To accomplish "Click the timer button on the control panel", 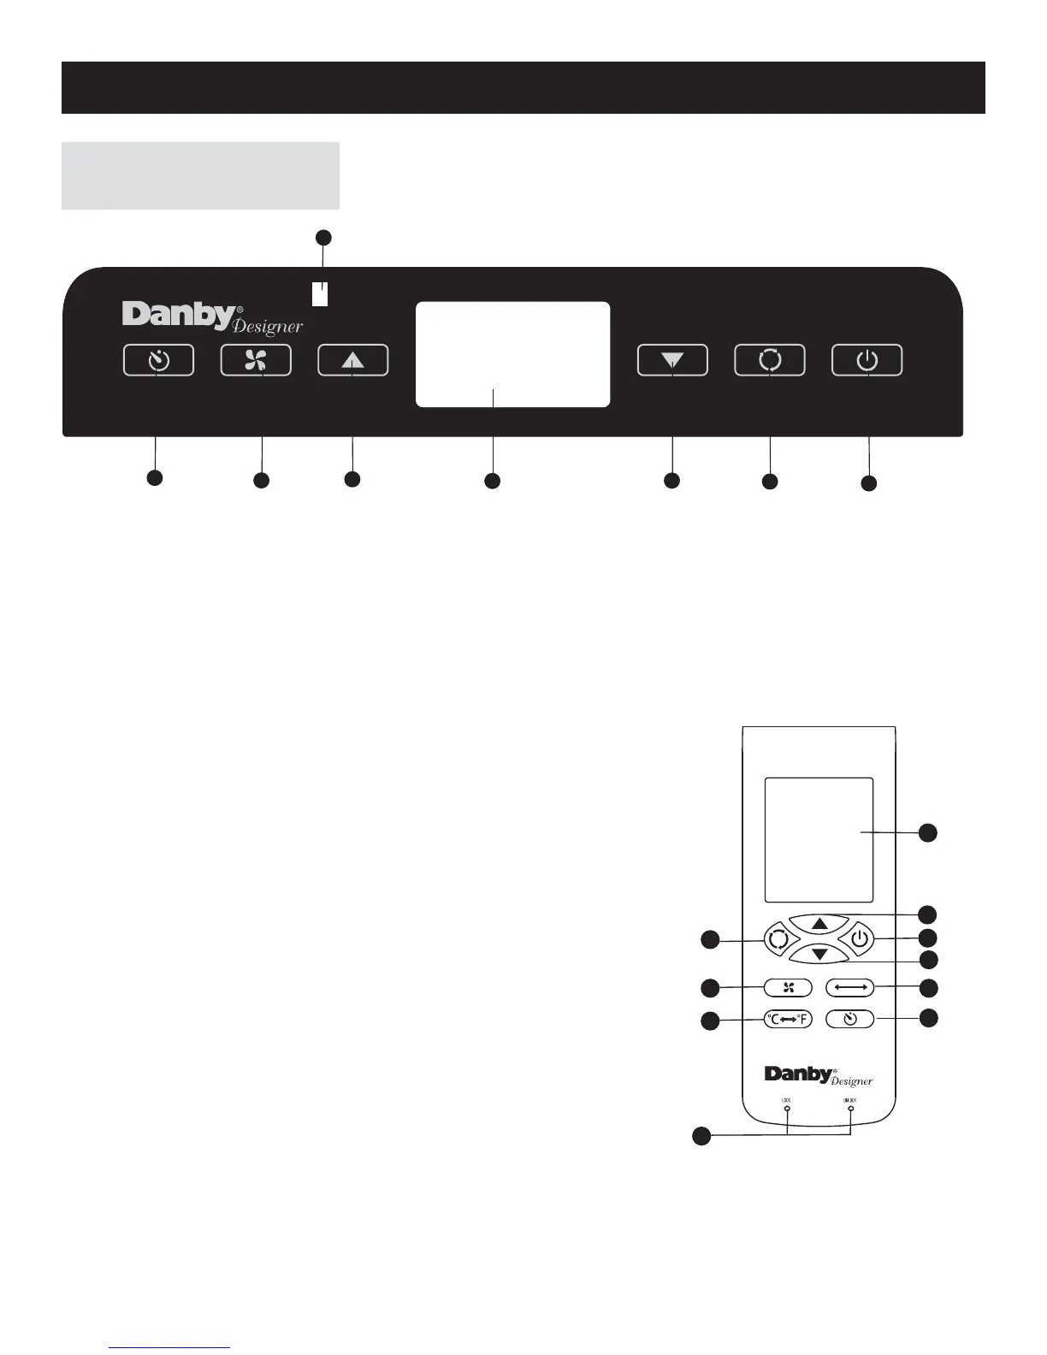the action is pos(158,360).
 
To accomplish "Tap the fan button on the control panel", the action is pos(256,360).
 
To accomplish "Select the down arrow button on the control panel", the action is pos(672,360).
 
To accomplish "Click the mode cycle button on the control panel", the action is pos(770,360).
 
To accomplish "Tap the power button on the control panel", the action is pos(867,360).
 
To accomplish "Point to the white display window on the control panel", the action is pos(512,354).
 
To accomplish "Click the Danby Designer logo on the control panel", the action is pos(212,317).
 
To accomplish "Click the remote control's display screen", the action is pos(819,839).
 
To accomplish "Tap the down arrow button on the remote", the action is pos(819,954).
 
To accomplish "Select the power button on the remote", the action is pos(861,939).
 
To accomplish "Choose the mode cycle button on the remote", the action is pos(777,939).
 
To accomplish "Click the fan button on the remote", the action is pos(788,988).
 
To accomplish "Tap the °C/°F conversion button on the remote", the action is pos(788,1019).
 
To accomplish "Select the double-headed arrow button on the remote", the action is pos(849,988).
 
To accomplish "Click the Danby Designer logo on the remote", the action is pos(818,1075).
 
